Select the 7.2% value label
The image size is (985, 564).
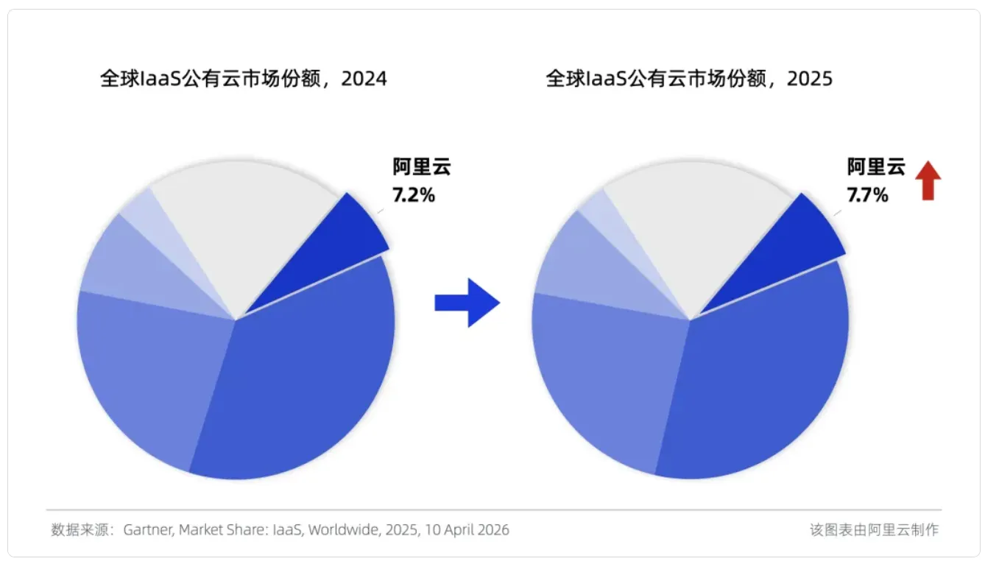click(x=414, y=197)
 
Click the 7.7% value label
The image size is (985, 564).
click(x=868, y=196)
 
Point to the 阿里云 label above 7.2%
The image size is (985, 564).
click(x=422, y=167)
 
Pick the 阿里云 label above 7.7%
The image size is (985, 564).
click(x=876, y=167)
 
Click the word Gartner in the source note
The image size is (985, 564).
click(x=148, y=529)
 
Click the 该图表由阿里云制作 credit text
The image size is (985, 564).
click(x=874, y=529)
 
